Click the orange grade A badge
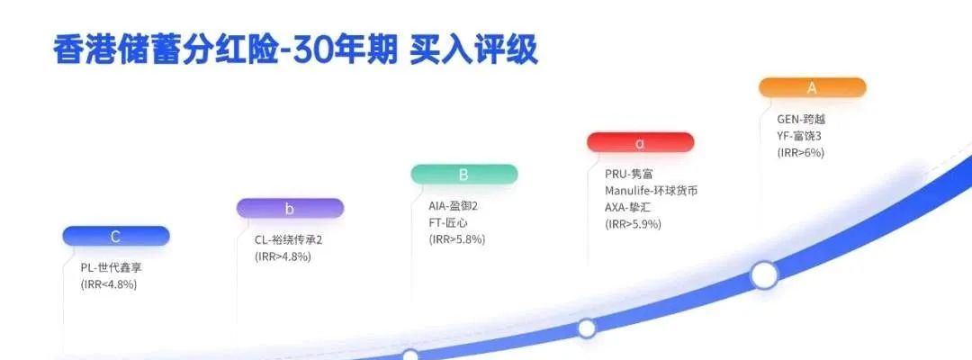tap(812, 87)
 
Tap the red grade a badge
tap(640, 142)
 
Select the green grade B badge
tap(463, 175)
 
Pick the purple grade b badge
tap(289, 209)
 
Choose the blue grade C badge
tap(115, 237)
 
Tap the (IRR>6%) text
tap(800, 153)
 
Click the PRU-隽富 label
tap(630, 175)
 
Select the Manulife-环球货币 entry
tap(651, 191)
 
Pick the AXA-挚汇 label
tap(634, 207)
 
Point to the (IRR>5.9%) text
tap(633, 224)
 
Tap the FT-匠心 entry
tap(447, 222)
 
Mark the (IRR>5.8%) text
tap(456, 239)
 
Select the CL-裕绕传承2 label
tap(288, 240)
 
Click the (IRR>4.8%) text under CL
tap(283, 256)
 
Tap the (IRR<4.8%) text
tap(108, 284)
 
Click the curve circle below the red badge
tap(586, 328)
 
